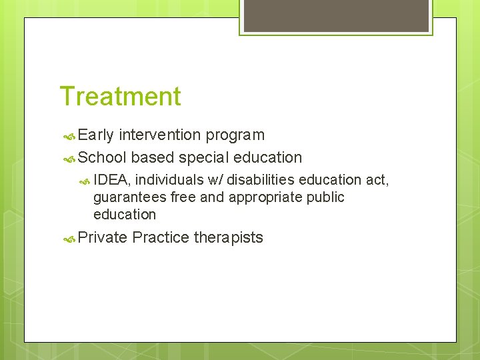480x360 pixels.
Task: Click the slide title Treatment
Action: coord(120,96)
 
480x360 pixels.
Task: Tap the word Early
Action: coord(96,135)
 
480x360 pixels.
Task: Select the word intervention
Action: coord(160,135)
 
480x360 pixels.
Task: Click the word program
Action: coord(235,136)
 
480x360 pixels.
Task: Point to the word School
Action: coord(102,158)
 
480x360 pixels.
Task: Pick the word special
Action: coord(203,158)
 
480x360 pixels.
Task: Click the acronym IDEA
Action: coord(111,180)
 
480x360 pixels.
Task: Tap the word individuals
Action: coord(169,180)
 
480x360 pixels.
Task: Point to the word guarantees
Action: coord(129,198)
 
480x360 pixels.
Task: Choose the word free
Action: coord(184,197)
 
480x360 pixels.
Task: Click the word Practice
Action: coord(161,237)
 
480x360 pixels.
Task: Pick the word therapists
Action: coord(228,238)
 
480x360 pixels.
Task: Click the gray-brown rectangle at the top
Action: coord(336,15)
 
